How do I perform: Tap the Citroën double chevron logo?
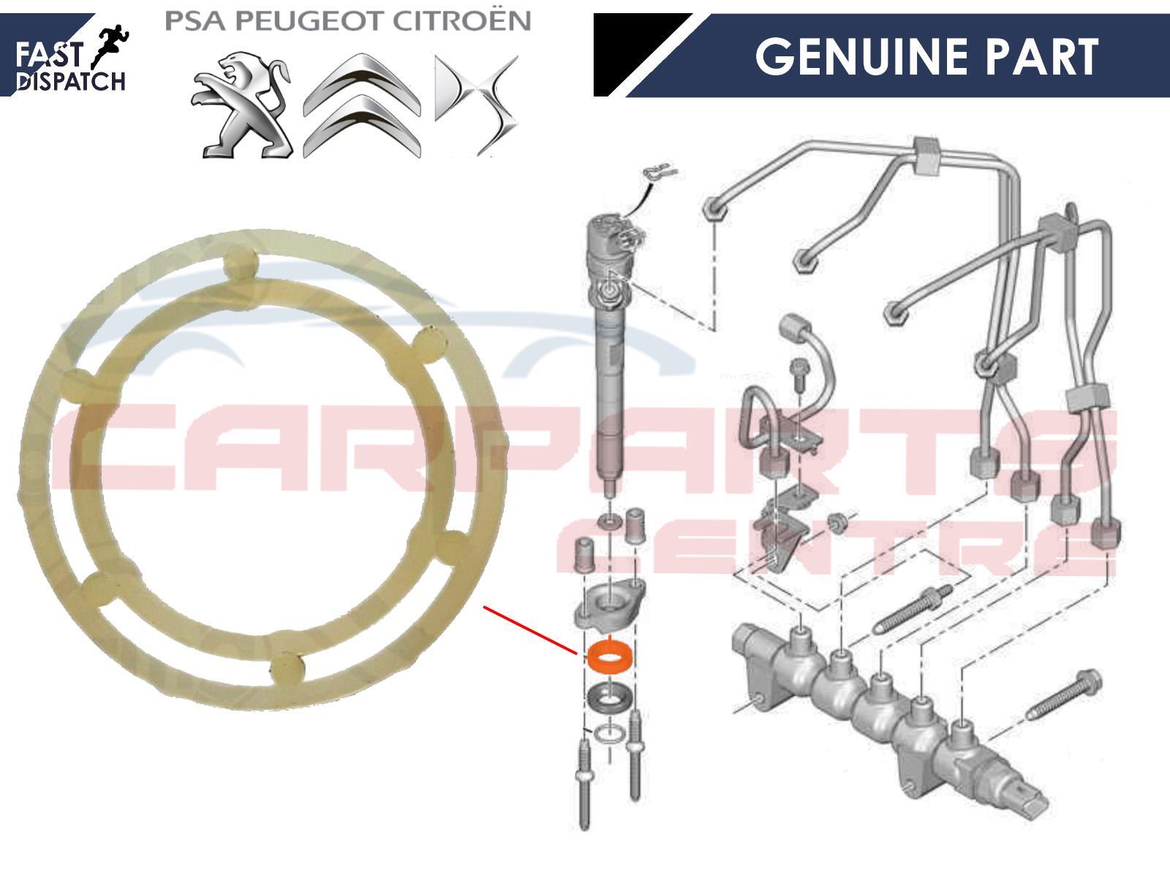pos(362,105)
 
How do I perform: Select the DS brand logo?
pos(476,105)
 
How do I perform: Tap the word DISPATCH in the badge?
pos(70,82)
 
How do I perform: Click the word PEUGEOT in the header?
pos(309,21)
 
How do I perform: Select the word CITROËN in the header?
pos(461,20)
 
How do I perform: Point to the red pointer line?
pos(530,630)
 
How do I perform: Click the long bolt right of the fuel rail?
pos(1063,693)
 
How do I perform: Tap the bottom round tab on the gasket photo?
pos(288,668)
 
